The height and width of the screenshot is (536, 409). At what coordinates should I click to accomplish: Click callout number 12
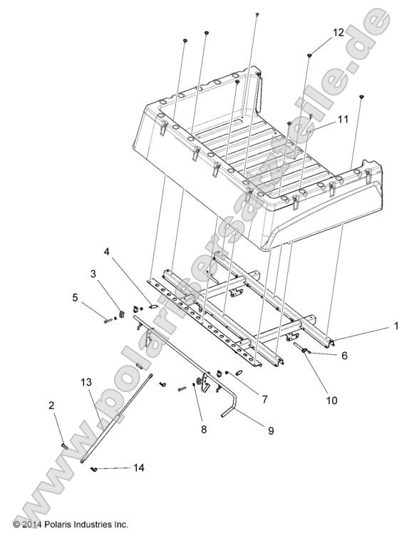point(337,32)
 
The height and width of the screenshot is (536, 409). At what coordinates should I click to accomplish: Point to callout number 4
point(107,252)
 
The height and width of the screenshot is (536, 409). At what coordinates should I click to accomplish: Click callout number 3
point(93,274)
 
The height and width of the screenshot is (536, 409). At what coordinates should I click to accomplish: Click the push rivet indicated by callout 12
point(310,55)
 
